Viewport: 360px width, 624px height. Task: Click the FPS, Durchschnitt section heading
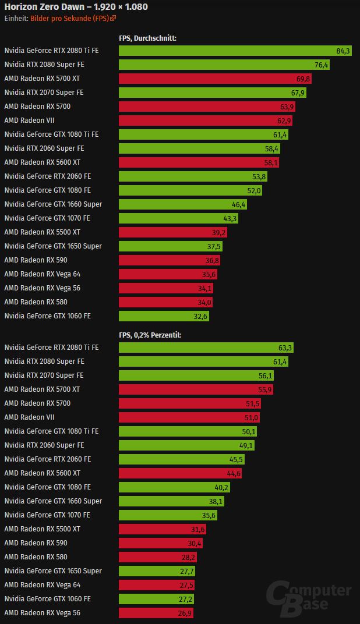pos(147,38)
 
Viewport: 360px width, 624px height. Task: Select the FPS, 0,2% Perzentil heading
pos(150,335)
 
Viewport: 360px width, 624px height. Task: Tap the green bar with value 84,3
pos(235,51)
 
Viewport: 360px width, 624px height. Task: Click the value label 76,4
pos(322,65)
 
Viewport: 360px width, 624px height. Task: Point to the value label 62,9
pos(284,120)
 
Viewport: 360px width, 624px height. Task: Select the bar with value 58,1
pos(199,162)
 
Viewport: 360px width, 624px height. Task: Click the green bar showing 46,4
pos(183,204)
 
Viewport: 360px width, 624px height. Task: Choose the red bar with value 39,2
pos(173,232)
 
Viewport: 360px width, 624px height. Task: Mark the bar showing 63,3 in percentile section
pos(206,348)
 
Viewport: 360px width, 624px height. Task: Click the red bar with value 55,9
pos(196,389)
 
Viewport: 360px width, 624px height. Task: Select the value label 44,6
pos(234,473)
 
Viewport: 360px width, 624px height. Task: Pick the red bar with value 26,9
pos(156,613)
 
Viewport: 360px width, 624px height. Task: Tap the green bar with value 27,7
pos(157,571)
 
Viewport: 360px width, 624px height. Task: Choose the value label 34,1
pos(205,288)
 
